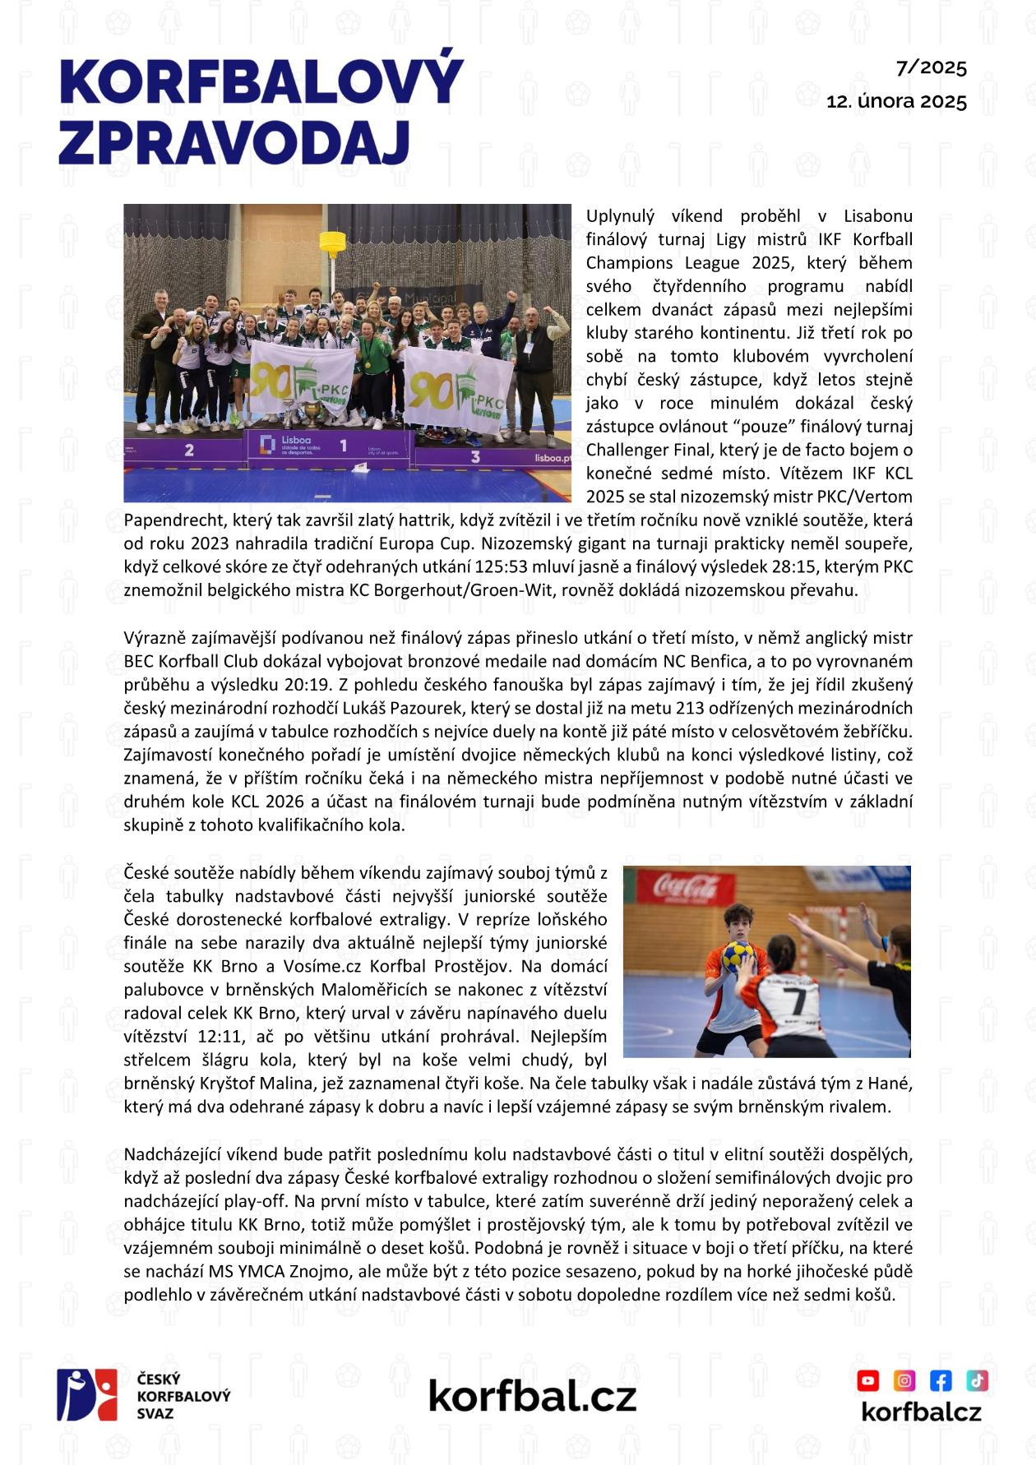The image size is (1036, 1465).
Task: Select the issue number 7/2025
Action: point(932,67)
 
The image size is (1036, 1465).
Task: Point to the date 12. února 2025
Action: point(896,101)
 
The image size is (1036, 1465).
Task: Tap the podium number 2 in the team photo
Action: point(189,450)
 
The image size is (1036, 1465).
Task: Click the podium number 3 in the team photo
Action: point(474,455)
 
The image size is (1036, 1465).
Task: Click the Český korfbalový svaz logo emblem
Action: point(87,1394)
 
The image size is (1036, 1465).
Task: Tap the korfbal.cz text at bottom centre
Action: point(532,1395)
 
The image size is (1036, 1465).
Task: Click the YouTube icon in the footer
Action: point(868,1380)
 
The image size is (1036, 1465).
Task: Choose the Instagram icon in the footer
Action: point(904,1380)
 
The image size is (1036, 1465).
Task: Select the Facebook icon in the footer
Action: point(941,1380)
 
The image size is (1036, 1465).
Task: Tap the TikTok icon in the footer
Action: point(977,1380)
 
